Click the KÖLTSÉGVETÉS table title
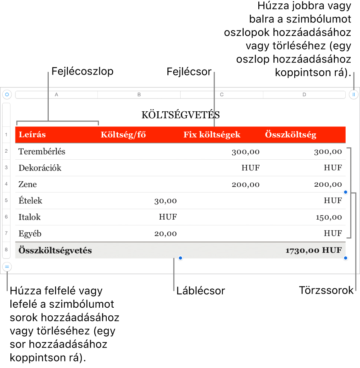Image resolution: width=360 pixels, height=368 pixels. (x=181, y=115)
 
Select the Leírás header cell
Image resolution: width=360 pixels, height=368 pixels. (x=32, y=135)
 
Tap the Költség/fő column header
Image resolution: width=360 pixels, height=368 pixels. (x=123, y=135)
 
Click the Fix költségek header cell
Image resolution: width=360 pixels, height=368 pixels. (x=212, y=135)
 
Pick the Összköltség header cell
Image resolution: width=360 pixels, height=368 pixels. (x=290, y=135)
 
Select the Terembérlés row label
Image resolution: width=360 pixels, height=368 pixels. (x=42, y=152)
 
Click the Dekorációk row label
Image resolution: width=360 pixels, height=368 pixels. (x=40, y=168)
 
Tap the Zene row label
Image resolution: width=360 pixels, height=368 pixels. (x=28, y=184)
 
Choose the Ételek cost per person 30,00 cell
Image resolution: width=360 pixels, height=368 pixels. (x=165, y=201)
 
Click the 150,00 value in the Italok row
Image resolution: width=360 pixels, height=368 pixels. (x=329, y=217)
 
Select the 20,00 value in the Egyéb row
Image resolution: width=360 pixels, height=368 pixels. (x=165, y=233)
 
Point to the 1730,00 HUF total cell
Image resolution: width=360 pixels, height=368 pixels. (x=314, y=250)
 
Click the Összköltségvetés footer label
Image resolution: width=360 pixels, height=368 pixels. (x=55, y=250)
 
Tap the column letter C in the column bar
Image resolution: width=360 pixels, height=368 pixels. (x=222, y=94)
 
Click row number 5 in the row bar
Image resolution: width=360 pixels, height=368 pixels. (x=6, y=201)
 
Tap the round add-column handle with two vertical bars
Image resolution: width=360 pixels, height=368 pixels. (x=353, y=94)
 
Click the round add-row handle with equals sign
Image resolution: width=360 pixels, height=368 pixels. (x=7, y=267)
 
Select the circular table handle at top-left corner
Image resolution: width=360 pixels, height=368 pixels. (x=7, y=94)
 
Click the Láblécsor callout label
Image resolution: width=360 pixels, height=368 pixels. (x=200, y=291)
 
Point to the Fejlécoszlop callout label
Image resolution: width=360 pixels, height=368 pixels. (x=82, y=72)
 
